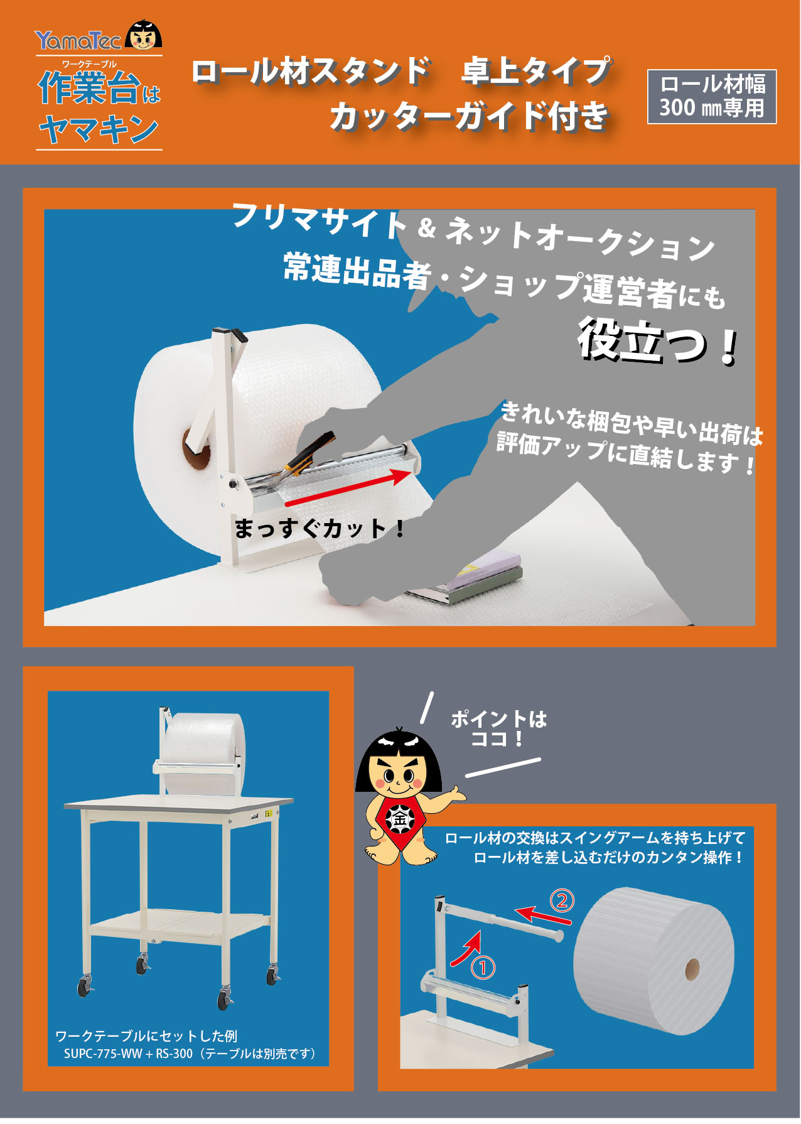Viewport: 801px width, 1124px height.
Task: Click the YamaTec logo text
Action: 78,41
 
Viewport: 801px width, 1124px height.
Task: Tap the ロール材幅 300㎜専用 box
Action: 712,96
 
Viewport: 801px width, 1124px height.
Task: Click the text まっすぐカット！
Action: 320,528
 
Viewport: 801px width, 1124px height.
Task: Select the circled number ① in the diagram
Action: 483,968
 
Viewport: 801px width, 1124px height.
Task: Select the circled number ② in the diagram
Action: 562,901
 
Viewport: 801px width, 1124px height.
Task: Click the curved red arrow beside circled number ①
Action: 466,948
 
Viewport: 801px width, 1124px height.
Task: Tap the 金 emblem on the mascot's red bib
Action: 399,819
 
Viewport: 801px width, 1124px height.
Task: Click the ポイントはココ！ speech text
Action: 498,728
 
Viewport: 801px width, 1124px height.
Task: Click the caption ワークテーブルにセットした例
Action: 146,1035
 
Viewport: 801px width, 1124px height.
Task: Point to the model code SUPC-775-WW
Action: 103,1054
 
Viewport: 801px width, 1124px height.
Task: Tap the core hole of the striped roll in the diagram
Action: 692,968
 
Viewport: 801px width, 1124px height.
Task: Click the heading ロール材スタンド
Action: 311,71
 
